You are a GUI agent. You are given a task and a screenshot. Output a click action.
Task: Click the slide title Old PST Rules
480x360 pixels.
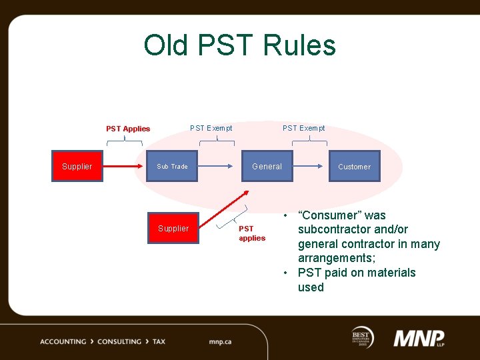pyautogui.click(x=239, y=45)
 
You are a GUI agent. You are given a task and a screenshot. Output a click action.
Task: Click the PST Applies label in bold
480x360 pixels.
pyautogui.click(x=128, y=129)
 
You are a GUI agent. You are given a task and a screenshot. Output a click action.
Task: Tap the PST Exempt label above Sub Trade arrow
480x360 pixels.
pyautogui.click(x=211, y=128)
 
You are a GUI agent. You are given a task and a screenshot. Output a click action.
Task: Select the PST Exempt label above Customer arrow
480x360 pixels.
pyautogui.click(x=303, y=128)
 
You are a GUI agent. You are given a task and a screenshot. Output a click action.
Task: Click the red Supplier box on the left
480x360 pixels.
pyautogui.click(x=77, y=167)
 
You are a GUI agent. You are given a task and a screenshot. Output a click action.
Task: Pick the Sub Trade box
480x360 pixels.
pyautogui.click(x=172, y=167)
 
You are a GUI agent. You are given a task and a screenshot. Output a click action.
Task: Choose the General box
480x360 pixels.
pyautogui.click(x=267, y=167)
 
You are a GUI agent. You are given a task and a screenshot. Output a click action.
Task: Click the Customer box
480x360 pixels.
pyautogui.click(x=354, y=167)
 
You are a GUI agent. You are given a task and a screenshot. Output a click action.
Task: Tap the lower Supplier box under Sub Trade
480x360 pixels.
pyautogui.click(x=173, y=229)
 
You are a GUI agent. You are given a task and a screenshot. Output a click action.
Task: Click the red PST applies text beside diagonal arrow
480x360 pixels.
pyautogui.click(x=252, y=233)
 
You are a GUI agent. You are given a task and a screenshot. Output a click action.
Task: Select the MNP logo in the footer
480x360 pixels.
pyautogui.click(x=419, y=339)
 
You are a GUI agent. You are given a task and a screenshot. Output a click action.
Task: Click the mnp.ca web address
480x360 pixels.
pyautogui.click(x=220, y=342)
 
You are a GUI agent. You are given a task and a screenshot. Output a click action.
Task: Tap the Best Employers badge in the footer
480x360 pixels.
pyautogui.click(x=363, y=337)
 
